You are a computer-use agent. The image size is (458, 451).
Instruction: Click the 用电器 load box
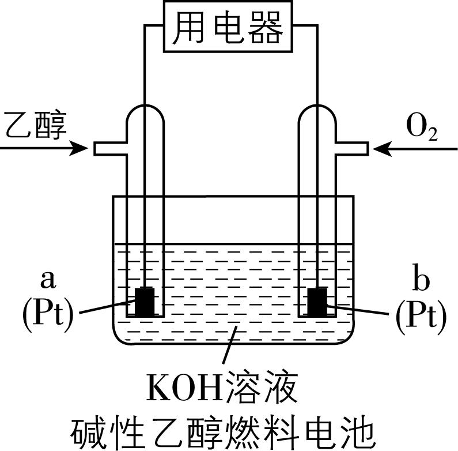[x=229, y=27]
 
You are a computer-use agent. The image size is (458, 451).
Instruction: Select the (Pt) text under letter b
[x=421, y=314]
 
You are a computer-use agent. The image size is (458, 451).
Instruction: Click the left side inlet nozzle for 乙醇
[x=109, y=149]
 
